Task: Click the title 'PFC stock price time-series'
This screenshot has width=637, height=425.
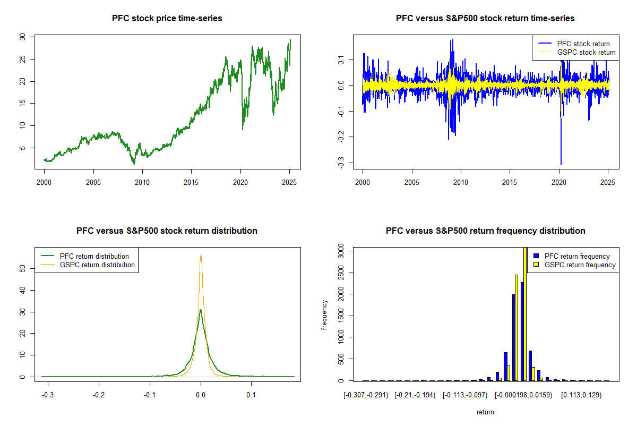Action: [x=167, y=19]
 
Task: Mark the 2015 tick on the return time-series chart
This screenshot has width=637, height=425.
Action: [x=510, y=182]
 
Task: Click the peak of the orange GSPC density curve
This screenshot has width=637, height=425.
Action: [x=201, y=255]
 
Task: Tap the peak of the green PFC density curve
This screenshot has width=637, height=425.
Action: [x=200, y=310]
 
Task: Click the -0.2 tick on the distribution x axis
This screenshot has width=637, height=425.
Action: [x=99, y=395]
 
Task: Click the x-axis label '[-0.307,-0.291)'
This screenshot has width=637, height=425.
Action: [x=366, y=395]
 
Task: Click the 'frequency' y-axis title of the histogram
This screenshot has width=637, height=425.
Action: [x=324, y=314]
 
